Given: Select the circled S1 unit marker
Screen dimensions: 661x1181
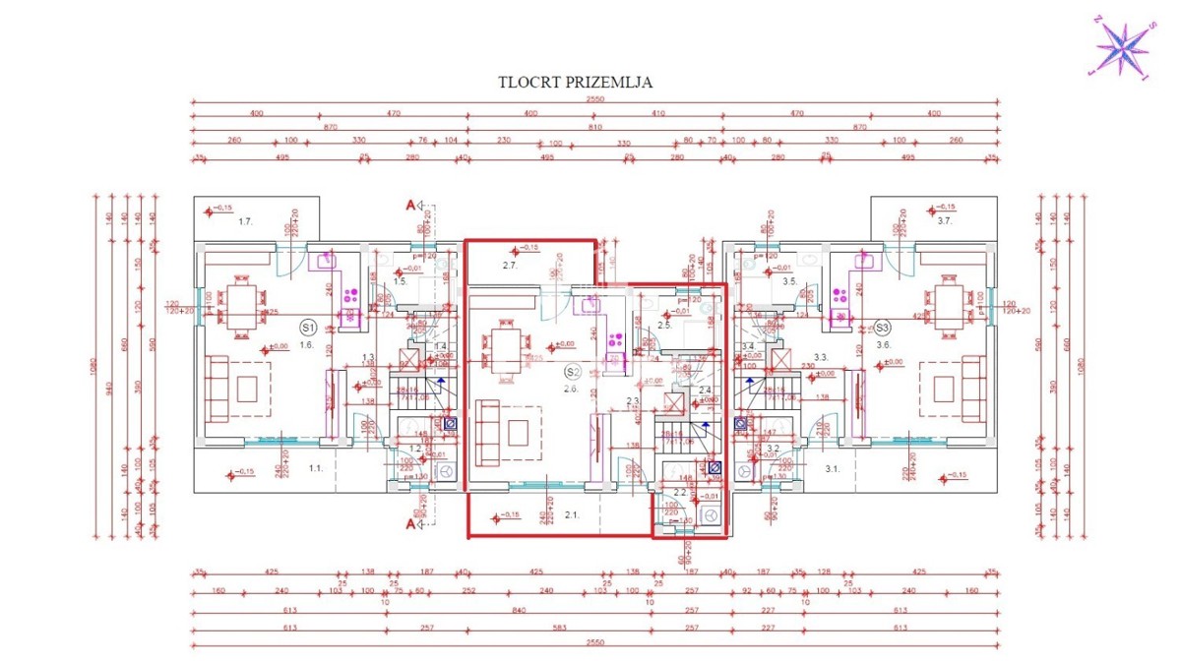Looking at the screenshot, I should [307, 327].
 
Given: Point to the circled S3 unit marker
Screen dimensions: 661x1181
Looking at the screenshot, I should [882, 327].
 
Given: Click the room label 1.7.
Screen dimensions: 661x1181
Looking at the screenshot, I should [245, 222].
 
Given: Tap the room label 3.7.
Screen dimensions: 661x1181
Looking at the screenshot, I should [945, 222].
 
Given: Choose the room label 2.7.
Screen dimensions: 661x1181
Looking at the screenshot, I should [510, 266].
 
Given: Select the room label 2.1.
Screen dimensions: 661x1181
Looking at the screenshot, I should [571, 513].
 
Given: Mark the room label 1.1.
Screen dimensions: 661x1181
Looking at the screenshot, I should [316, 468].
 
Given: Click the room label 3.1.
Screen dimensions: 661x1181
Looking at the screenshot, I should [832, 468].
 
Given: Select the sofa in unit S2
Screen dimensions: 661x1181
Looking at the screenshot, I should [486, 433].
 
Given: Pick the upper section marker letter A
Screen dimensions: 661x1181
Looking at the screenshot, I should [410, 206].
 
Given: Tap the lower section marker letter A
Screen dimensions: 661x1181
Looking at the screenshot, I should [410, 524].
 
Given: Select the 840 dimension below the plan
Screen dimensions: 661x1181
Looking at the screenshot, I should [519, 611].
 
